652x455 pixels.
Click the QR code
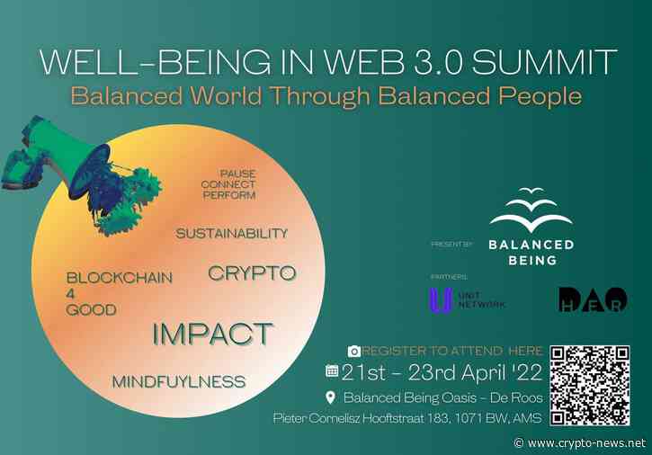(x=589, y=385)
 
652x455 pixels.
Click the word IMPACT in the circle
(x=212, y=334)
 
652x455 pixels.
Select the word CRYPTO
(x=252, y=272)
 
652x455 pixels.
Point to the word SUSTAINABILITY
(x=232, y=234)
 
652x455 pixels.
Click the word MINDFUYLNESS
(x=178, y=382)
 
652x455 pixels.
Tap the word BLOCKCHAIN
(x=120, y=278)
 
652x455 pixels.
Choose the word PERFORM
(x=229, y=195)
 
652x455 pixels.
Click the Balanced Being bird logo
(x=531, y=212)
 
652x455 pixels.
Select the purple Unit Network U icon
(x=440, y=299)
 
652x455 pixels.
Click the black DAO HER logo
(x=593, y=300)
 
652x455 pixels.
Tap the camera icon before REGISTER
(x=354, y=351)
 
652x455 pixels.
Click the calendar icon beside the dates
(x=332, y=370)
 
